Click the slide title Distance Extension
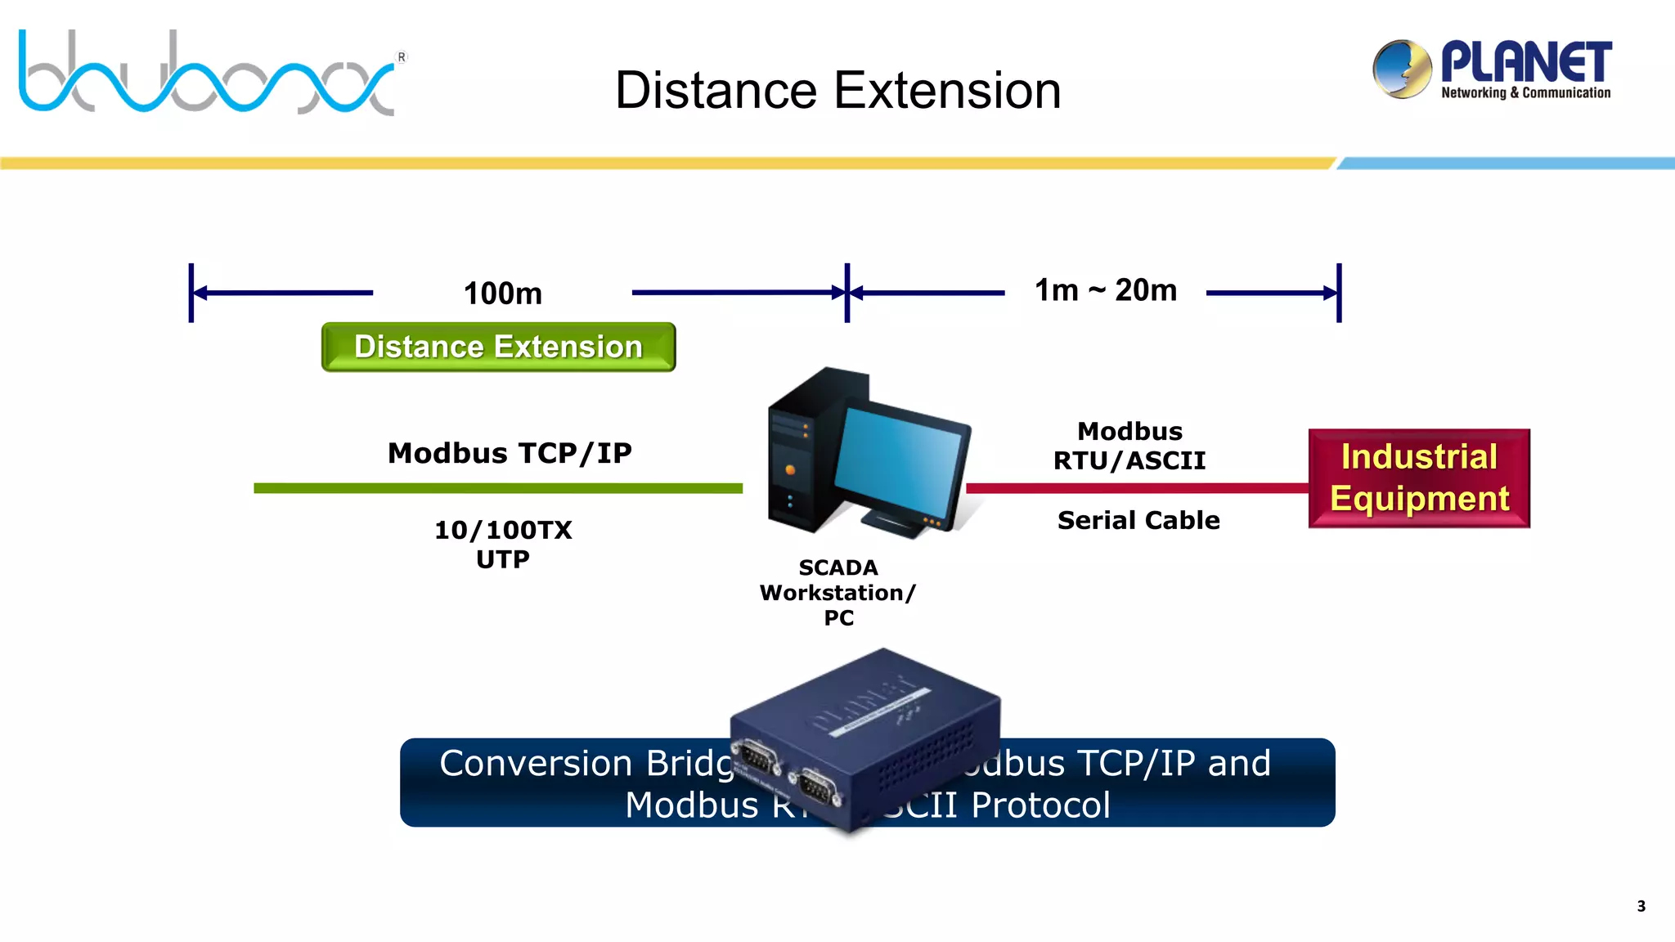coord(837,90)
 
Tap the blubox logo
coord(209,74)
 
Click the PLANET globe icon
coord(1402,70)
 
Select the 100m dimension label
coord(502,294)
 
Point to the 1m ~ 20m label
coord(1105,290)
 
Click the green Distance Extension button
coord(498,347)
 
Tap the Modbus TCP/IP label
coord(510,453)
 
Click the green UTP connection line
coord(497,488)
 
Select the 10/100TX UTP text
coord(503,545)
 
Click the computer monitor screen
coord(900,462)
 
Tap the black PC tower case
coord(806,458)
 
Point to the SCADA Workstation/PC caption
coord(838,592)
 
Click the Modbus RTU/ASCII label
coord(1129,446)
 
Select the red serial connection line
coord(1137,488)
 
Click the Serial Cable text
coord(1138,520)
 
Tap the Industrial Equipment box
coord(1419,478)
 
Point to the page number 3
coord(1641,906)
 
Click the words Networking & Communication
coord(1525,93)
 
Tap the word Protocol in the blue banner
coord(1040,805)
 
